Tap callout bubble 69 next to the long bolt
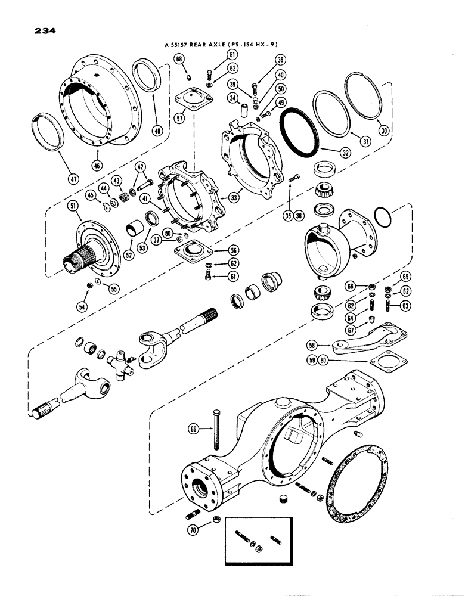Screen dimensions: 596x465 click(x=194, y=429)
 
